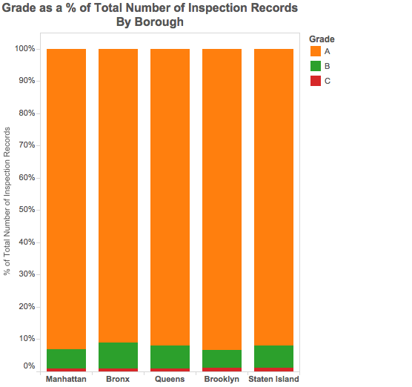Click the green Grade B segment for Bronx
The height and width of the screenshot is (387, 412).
(x=119, y=355)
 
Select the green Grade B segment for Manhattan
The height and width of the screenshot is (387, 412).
(x=67, y=359)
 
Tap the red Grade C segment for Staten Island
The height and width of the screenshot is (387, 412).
(x=273, y=369)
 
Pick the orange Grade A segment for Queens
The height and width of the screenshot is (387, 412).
(x=170, y=197)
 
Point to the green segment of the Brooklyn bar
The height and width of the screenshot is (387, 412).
(x=222, y=359)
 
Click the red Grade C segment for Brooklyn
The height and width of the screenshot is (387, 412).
(x=222, y=369)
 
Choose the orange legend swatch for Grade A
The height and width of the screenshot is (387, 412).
(x=316, y=51)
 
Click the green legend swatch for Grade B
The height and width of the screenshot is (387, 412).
(x=316, y=66)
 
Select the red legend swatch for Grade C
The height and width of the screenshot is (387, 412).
(x=316, y=81)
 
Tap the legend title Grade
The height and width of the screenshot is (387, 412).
(x=322, y=39)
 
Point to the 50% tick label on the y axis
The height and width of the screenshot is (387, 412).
(x=27, y=210)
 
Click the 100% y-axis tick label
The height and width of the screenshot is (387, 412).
(x=25, y=48)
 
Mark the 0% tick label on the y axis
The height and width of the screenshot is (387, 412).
(x=29, y=365)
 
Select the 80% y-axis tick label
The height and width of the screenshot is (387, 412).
(x=27, y=113)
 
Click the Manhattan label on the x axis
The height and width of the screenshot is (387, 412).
(x=66, y=379)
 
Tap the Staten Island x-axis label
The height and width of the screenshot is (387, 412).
(x=273, y=379)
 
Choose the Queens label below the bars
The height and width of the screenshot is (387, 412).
(x=170, y=379)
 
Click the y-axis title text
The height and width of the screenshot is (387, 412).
(x=7, y=201)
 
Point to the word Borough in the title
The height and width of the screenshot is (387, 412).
(x=159, y=21)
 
